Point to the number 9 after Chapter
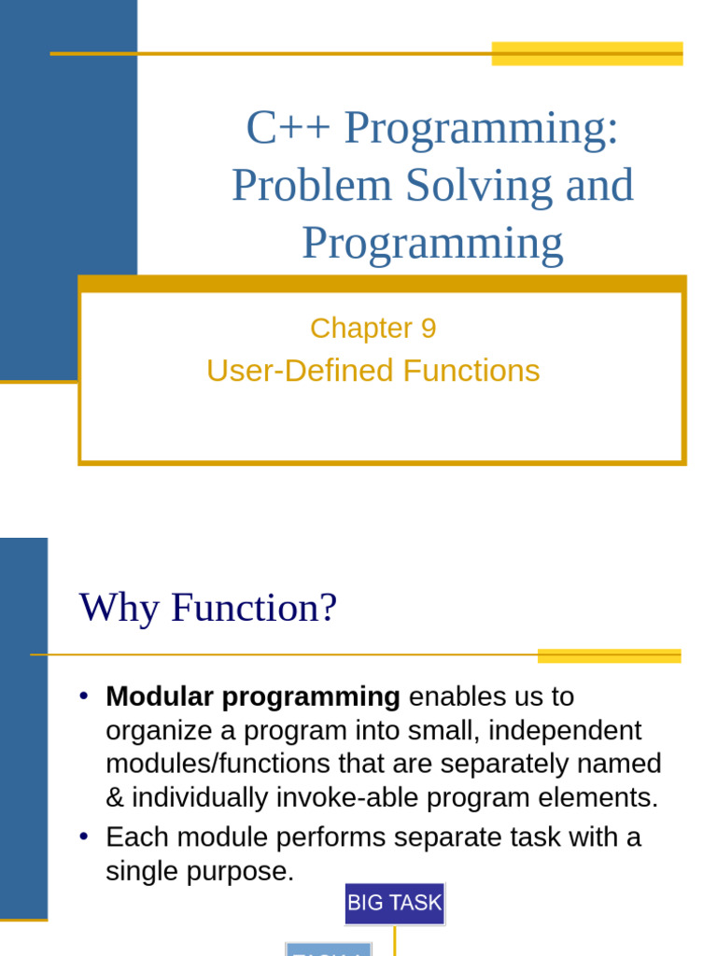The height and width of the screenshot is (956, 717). tap(429, 329)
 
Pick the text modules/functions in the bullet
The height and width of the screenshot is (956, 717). tap(219, 764)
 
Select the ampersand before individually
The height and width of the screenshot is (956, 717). tap(115, 798)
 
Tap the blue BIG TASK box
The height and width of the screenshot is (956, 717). tap(394, 904)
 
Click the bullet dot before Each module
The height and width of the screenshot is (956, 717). tap(84, 837)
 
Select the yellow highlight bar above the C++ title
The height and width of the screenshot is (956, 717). tap(586, 53)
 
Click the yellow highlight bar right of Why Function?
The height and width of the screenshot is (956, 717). tap(609, 655)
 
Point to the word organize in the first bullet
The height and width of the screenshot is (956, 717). tap(159, 730)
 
